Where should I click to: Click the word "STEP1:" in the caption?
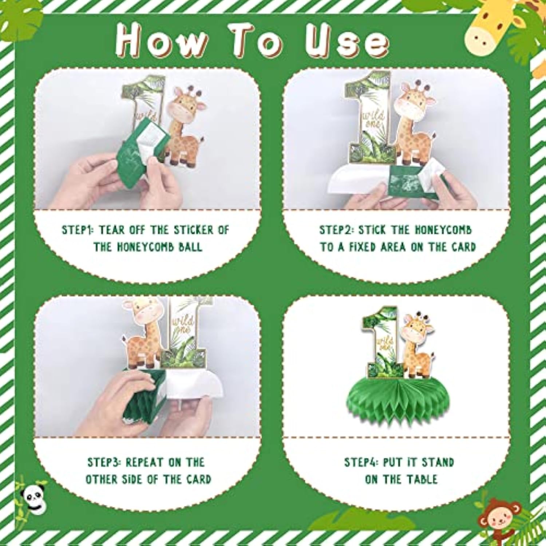pyautogui.click(x=78, y=230)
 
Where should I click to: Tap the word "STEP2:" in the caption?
pyautogui.click(x=336, y=230)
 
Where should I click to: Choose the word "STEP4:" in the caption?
pyautogui.click(x=361, y=462)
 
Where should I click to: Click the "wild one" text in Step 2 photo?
pyautogui.click(x=374, y=120)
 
